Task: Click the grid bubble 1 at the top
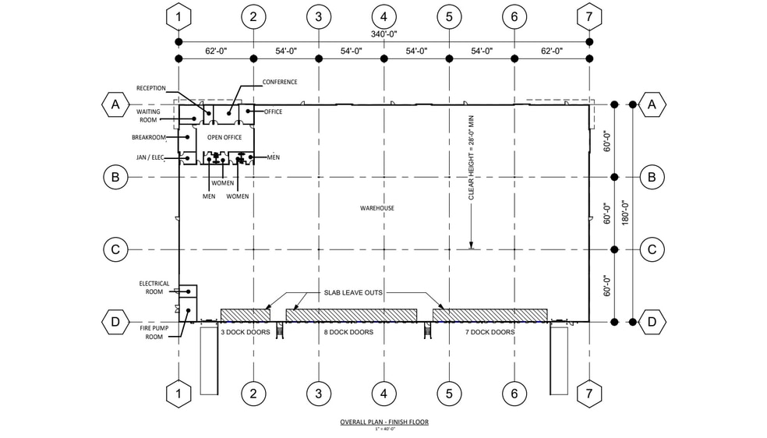click(x=179, y=16)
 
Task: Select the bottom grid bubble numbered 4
click(x=383, y=394)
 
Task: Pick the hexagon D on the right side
click(x=651, y=321)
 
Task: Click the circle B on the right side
click(x=651, y=177)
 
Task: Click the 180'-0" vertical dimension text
click(x=624, y=213)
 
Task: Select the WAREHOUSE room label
click(x=376, y=208)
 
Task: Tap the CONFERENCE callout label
click(x=280, y=82)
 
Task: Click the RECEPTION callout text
click(x=150, y=88)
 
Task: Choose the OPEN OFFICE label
click(x=224, y=138)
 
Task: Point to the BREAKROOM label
click(x=150, y=137)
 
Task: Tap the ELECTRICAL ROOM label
click(x=154, y=288)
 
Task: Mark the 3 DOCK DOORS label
click(x=246, y=332)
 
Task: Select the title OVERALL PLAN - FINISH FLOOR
click(x=383, y=422)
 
